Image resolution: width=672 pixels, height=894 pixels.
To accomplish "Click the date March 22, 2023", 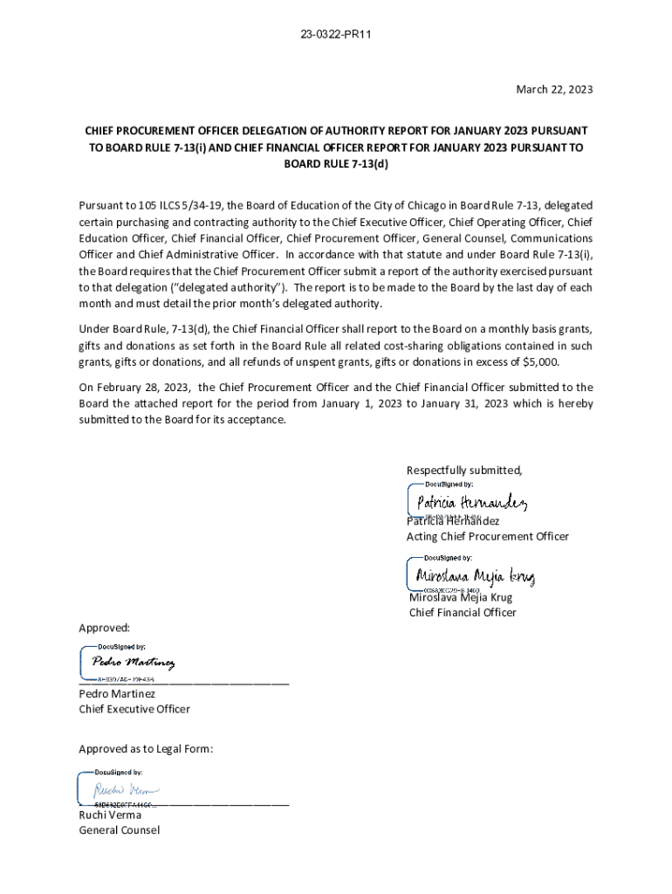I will pos(553,90).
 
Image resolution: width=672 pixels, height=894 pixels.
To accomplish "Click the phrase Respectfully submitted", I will pos(464,471).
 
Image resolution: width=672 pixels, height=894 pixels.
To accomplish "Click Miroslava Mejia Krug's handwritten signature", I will pos(475,577).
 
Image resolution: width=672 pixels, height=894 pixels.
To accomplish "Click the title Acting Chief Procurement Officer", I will pos(487,536).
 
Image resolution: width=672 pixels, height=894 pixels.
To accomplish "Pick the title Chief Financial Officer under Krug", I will pos(463,613).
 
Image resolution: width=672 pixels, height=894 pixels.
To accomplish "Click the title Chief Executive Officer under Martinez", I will pos(134,709).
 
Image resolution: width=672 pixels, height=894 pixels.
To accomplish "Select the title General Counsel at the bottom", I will pos(120,830).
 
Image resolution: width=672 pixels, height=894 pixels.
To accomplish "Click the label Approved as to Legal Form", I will pos(146,749).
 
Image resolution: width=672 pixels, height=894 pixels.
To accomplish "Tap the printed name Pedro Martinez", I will pos(117,693).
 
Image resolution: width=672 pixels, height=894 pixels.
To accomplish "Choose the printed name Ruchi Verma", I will pos(110,815).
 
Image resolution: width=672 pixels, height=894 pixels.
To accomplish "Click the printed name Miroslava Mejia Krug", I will pos(461,598).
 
